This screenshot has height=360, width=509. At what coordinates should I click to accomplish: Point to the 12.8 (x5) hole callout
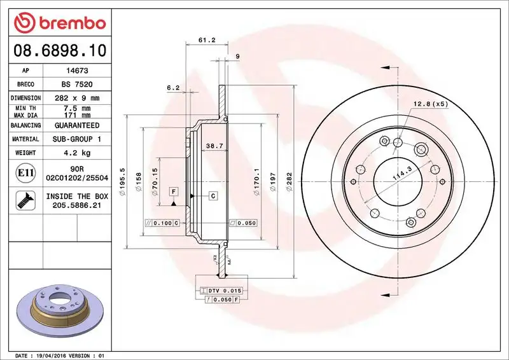[431, 104]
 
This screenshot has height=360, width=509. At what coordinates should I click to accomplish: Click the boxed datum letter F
[172, 191]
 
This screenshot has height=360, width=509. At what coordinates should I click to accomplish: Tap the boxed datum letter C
[213, 195]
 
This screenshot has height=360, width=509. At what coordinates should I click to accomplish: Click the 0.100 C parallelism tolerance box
[163, 223]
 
